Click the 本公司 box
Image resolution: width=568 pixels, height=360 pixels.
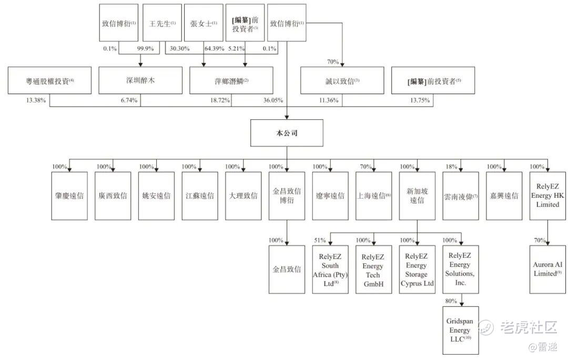click(287, 133)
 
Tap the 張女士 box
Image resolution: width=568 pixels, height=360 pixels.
click(204, 23)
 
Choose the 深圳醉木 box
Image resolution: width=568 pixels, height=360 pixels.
click(140, 80)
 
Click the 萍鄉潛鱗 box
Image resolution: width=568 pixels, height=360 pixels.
click(231, 80)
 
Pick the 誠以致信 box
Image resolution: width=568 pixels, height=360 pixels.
click(342, 80)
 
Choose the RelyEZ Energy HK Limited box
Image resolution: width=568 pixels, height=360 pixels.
click(548, 196)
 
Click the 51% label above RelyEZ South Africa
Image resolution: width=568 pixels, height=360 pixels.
click(320, 240)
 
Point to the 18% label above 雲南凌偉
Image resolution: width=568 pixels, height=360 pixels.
click(451, 167)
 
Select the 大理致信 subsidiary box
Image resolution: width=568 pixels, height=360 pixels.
click(244, 196)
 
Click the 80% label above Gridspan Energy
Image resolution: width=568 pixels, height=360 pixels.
click(451, 301)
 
